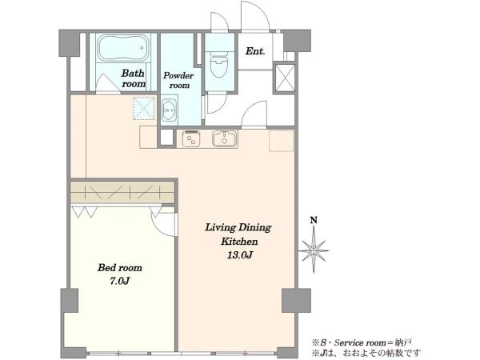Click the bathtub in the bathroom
click(123, 48)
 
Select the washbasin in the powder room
click(169, 110)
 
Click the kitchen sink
click(225, 139)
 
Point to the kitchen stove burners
click(191, 139)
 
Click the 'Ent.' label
click(255, 51)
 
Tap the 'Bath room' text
click(133, 78)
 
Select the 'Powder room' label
click(178, 80)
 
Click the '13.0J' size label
click(239, 254)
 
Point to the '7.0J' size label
click(120, 281)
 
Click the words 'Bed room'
click(120, 268)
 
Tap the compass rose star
click(314, 250)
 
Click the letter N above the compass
click(314, 220)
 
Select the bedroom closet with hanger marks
click(122, 193)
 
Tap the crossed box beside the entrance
click(285, 78)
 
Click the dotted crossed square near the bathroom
click(143, 108)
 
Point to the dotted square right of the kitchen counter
click(282, 141)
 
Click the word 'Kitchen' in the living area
click(239, 242)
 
